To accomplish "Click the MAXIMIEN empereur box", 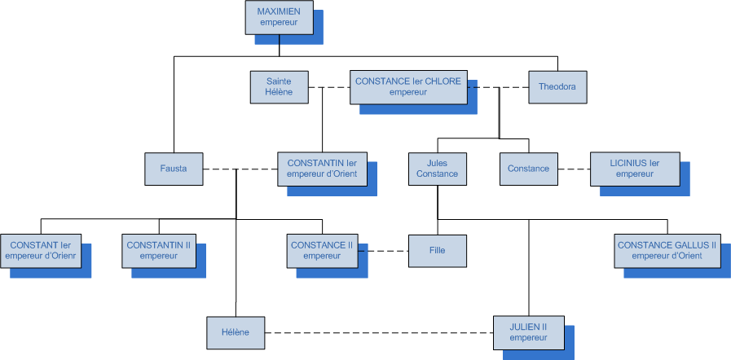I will click(x=279, y=17).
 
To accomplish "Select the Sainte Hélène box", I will click(x=279, y=87).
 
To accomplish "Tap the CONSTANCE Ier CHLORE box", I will click(x=408, y=87).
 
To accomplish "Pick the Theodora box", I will click(x=557, y=87).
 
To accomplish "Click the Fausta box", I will click(x=174, y=169).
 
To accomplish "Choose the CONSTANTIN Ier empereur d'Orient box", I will click(x=322, y=169).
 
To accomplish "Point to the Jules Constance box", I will click(x=437, y=169).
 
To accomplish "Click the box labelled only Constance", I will click(x=528, y=169).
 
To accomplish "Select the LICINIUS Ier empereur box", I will click(x=634, y=169).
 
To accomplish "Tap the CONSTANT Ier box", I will click(x=41, y=251).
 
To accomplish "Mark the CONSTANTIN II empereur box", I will click(x=158, y=251).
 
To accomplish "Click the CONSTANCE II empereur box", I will click(x=322, y=251).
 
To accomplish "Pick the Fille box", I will click(x=437, y=251).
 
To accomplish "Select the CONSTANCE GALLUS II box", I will click(x=667, y=251).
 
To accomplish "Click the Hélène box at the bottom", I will click(x=235, y=332).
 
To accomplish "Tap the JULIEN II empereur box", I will click(x=528, y=332).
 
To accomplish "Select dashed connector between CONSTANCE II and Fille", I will click(x=383, y=251).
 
